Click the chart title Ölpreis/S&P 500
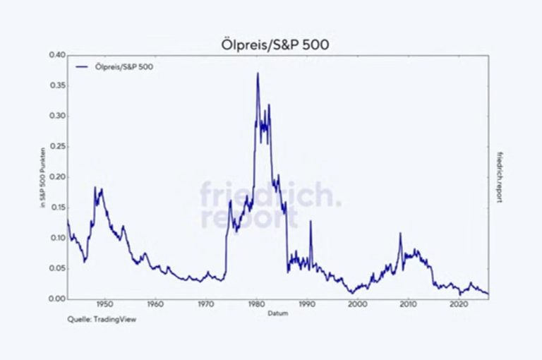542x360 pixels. (271, 44)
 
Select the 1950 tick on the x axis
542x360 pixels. (104, 306)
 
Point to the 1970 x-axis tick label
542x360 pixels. (205, 306)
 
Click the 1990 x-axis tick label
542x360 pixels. (307, 306)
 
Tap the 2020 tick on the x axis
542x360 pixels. (459, 306)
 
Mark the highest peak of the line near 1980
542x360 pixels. (258, 73)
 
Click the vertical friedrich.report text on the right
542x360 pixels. (500, 177)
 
